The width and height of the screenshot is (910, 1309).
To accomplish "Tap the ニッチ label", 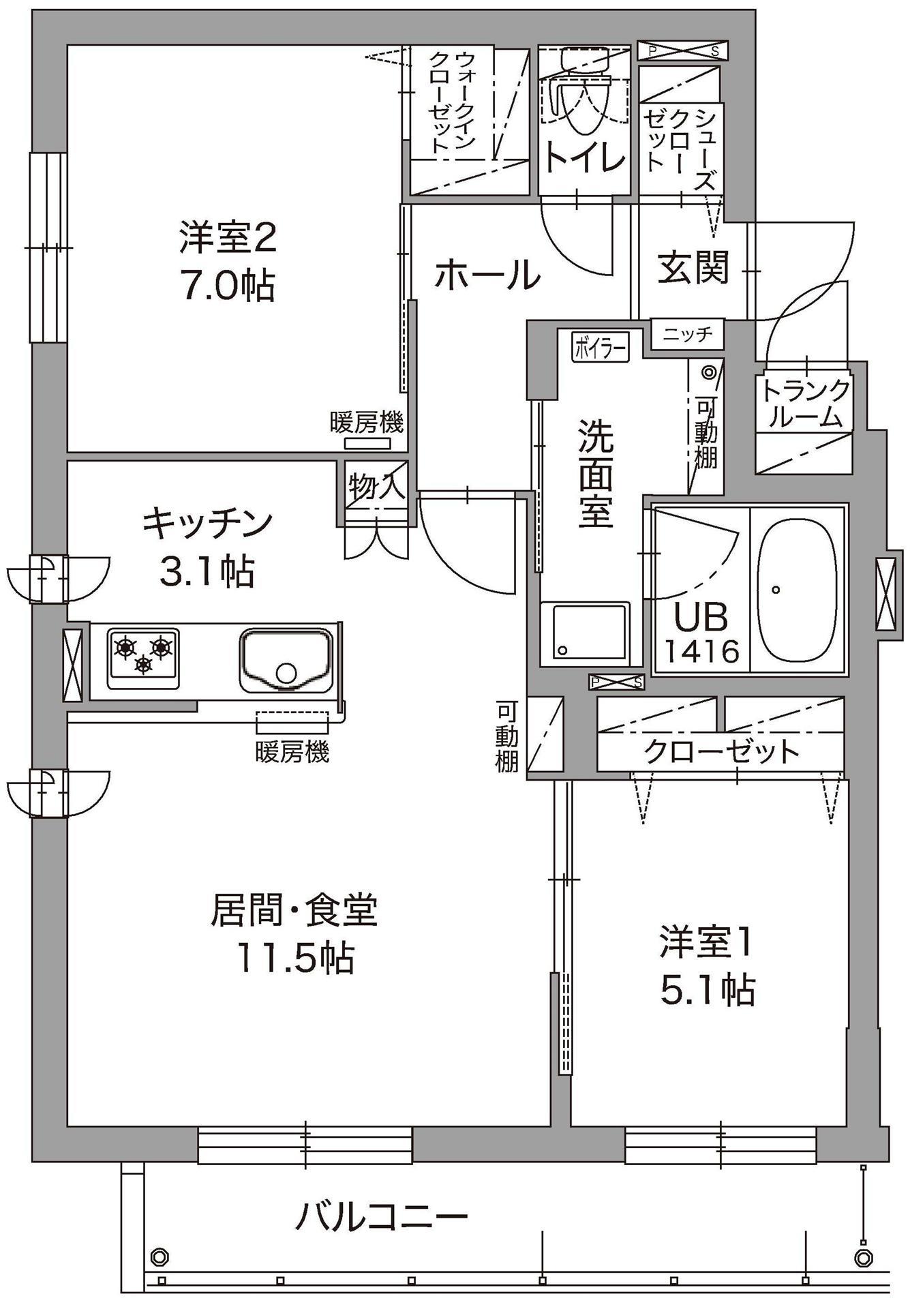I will click(688, 334).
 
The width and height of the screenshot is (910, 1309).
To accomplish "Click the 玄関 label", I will click(693, 268).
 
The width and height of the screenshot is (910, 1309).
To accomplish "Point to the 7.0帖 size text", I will click(228, 286).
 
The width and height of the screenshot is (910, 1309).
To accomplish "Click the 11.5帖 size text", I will click(294, 958).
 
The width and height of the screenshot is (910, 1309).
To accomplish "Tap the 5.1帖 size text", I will click(707, 990).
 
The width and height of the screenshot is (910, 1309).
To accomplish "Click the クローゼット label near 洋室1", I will click(721, 751).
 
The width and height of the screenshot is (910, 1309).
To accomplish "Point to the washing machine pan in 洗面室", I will click(585, 631).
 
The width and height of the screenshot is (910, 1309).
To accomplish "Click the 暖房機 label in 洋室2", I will click(367, 423).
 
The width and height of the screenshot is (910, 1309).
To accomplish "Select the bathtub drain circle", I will click(776, 589).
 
